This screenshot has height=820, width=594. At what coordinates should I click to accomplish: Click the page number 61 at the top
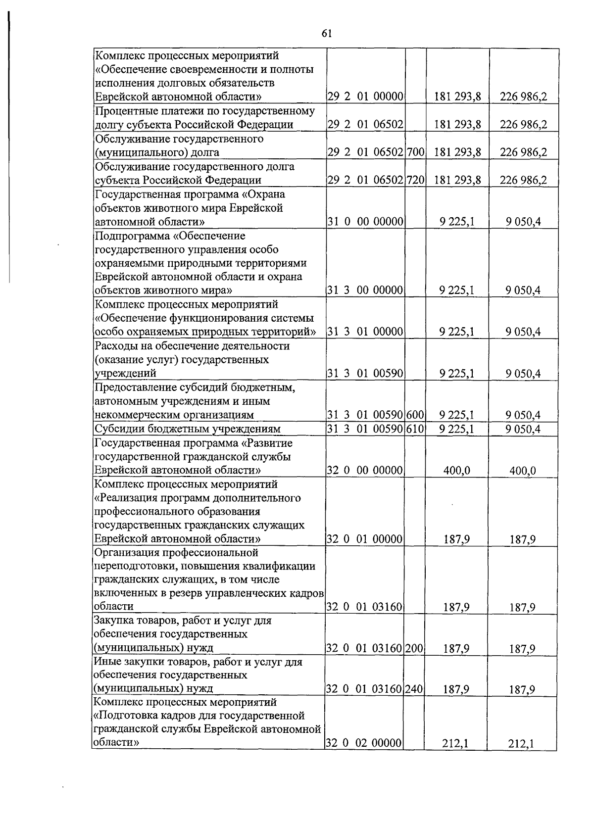pyautogui.click(x=326, y=33)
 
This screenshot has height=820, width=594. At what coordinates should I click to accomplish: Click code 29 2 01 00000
pyautogui.click(x=366, y=96)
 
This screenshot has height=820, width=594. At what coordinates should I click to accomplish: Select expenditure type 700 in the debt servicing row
pyautogui.click(x=416, y=152)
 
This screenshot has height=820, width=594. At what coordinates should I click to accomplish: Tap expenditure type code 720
pyautogui.click(x=416, y=180)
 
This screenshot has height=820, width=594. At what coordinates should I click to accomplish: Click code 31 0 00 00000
pyautogui.click(x=366, y=222)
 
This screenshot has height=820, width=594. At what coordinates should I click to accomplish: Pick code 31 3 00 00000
pyautogui.click(x=366, y=290)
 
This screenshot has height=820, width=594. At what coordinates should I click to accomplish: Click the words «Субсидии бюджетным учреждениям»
pyautogui.click(x=188, y=429)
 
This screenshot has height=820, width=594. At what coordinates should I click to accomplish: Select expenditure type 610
pyautogui.click(x=416, y=429)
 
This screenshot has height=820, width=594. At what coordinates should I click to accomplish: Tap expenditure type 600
pyautogui.click(x=416, y=415)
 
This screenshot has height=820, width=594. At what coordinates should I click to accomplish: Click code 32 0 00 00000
pyautogui.click(x=366, y=471)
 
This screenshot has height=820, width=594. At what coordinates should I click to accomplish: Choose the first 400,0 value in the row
pyautogui.click(x=456, y=471)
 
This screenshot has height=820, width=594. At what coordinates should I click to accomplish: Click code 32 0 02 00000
pyautogui.click(x=364, y=743)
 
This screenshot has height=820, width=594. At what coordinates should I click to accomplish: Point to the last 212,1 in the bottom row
pyautogui.click(x=522, y=743)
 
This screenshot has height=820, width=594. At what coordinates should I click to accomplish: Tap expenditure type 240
pyautogui.click(x=415, y=689)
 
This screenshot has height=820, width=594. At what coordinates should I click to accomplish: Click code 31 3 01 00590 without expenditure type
pyautogui.click(x=366, y=374)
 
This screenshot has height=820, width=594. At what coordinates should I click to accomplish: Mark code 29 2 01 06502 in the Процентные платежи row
pyautogui.click(x=366, y=125)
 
